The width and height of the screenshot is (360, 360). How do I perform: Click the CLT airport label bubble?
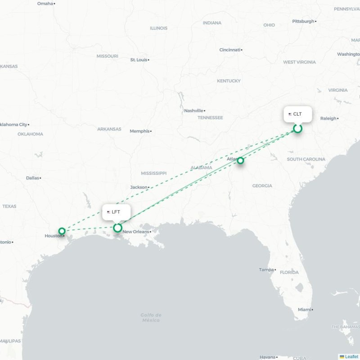[297, 114]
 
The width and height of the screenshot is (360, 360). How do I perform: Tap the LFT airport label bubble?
[116, 212]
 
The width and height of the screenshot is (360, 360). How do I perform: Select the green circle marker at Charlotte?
[297, 129]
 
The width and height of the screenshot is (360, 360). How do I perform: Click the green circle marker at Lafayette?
[117, 228]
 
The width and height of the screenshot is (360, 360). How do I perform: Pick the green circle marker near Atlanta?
[241, 161]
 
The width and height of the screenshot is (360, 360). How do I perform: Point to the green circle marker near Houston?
[62, 231]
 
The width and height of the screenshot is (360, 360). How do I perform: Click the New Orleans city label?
[135, 232]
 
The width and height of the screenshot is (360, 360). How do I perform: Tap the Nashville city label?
[193, 111]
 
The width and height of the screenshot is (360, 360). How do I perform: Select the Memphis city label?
[139, 131]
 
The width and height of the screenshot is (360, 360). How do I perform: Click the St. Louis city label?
[139, 60]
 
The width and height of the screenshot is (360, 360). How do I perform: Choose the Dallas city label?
[32, 178]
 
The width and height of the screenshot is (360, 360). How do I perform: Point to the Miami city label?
[304, 310]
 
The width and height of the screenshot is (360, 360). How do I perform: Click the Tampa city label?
[266, 270]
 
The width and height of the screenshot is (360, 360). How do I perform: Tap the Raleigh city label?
[328, 118]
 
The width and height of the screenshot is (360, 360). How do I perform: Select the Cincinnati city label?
[229, 50]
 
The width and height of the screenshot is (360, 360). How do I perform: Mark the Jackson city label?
[139, 187]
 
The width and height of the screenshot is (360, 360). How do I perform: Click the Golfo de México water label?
[151, 318]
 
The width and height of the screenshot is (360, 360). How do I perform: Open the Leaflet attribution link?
[351, 357]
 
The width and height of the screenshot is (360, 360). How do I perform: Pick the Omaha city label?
[45, 4]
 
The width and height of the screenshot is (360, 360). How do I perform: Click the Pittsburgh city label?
[303, 21]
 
